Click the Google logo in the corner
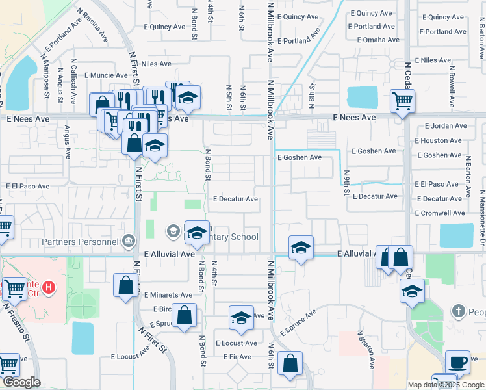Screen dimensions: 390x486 click(21, 382)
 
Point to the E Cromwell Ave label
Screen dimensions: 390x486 click(440, 213)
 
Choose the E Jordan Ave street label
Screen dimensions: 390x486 click(446, 126)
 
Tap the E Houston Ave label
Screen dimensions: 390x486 click(441, 140)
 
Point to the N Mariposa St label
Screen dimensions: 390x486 click(46, 80)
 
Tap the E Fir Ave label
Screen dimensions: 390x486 click(237, 357)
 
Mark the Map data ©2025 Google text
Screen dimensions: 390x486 click(445, 385)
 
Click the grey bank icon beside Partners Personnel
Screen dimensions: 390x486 click(129, 242)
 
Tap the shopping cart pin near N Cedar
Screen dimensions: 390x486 click(402, 101)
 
